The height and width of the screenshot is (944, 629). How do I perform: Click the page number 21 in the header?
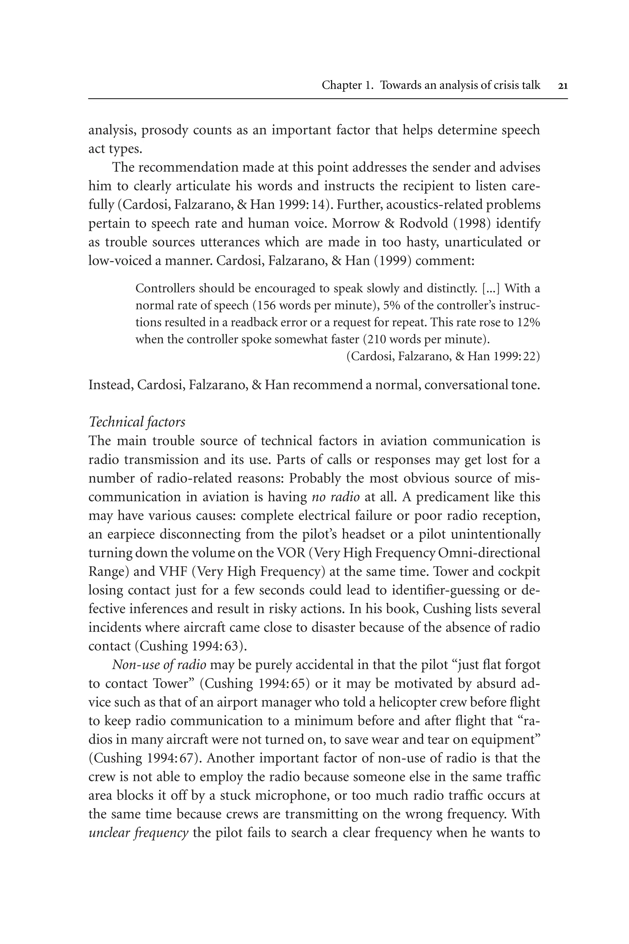pos(562,85)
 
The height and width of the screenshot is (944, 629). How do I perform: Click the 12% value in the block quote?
pos(528,323)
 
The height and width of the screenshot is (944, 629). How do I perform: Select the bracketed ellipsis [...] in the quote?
pos(491,288)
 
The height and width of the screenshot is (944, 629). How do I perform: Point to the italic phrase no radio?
pos(335,497)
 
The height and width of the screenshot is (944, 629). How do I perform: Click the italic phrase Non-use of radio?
pos(159,665)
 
